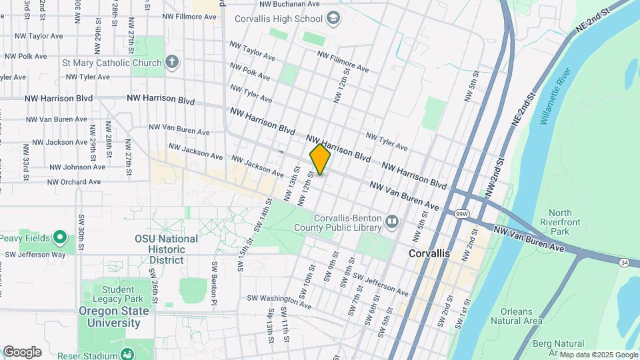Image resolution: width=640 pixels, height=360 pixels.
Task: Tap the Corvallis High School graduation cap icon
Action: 334,17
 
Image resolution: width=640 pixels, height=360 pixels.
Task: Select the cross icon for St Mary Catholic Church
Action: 172,63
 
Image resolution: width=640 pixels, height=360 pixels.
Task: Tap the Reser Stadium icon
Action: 127,353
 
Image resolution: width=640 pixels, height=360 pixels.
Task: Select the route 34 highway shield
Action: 623,263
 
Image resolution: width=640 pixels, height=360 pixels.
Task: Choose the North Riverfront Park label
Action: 556,223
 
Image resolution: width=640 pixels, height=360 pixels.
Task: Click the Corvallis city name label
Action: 429,255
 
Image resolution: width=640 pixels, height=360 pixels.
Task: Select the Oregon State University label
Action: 109,317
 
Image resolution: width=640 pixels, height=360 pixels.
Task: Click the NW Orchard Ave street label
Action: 74,181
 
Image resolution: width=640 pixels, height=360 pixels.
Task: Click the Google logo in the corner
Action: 22,352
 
